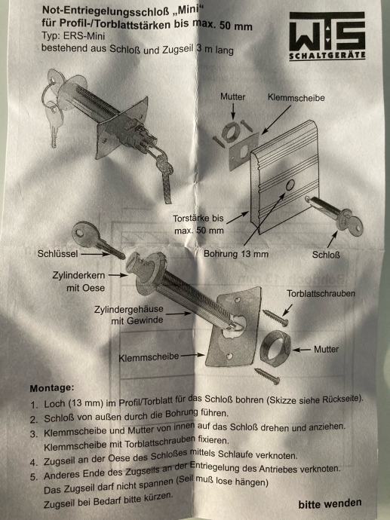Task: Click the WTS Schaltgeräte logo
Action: click(x=327, y=36)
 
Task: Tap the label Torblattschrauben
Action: click(x=321, y=293)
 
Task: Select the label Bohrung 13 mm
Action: click(x=236, y=254)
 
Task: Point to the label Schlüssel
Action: click(x=57, y=254)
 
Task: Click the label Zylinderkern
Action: click(x=78, y=275)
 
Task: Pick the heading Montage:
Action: click(x=52, y=388)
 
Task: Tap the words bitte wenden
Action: click(x=330, y=503)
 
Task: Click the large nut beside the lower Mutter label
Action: click(x=275, y=348)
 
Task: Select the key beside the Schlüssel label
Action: click(x=97, y=240)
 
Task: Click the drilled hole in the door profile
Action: click(x=290, y=185)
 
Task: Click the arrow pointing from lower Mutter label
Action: click(x=302, y=350)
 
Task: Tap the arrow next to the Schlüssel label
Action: click(x=95, y=255)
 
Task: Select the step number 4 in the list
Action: click(x=33, y=462)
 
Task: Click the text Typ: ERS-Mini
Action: click(x=73, y=35)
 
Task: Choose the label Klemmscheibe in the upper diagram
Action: click(x=296, y=98)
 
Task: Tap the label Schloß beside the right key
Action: click(x=326, y=255)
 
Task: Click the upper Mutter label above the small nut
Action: click(x=232, y=96)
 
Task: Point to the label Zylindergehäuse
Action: click(x=129, y=310)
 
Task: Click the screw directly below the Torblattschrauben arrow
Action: click(x=275, y=317)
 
